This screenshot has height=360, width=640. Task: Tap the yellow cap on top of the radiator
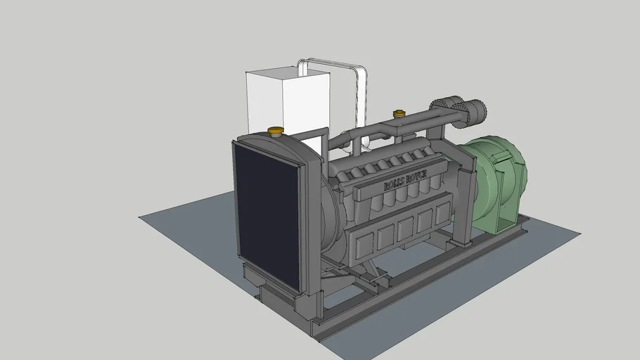276,130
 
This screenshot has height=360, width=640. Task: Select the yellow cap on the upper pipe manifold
399,112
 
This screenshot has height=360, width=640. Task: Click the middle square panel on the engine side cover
404,229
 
